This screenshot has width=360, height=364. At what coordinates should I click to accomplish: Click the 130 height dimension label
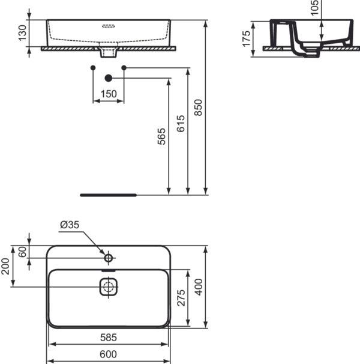23,34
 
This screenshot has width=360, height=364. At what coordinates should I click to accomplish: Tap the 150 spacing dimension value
108,94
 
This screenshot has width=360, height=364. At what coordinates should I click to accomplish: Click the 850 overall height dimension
199,107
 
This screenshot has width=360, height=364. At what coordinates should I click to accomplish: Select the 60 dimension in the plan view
23,252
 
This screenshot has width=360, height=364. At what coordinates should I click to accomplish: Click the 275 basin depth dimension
181,298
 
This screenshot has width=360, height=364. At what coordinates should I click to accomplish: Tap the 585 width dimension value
109,338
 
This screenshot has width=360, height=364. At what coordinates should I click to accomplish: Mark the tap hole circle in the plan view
109,258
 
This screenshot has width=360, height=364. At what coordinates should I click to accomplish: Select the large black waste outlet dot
109,77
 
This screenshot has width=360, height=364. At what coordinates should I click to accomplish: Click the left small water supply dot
92,68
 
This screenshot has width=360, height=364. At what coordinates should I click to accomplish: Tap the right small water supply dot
124,68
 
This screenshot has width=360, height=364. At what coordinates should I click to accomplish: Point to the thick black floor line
109,195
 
